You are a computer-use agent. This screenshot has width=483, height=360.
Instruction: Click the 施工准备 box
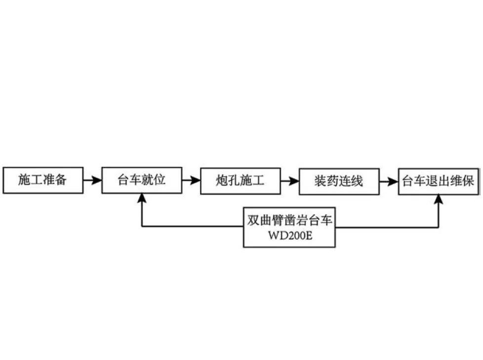coord(43,180)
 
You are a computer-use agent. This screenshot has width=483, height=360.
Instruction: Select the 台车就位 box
coord(142,180)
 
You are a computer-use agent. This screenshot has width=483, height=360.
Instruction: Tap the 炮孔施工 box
coord(241,181)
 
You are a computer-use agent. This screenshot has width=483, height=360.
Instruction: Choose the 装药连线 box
coord(339,181)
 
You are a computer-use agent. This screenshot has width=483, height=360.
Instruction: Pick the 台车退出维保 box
coord(439,181)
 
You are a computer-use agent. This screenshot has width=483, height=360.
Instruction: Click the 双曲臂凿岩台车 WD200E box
coord(289,227)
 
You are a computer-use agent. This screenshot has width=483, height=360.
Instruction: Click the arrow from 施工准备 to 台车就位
coord(92,181)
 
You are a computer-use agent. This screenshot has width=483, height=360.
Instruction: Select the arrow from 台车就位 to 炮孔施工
coord(191,181)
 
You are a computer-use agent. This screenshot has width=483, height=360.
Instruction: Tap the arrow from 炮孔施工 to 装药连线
coord(289,181)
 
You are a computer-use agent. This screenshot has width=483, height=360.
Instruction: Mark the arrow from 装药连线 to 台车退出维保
coord(389,181)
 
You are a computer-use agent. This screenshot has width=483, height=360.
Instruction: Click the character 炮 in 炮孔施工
coord(222,181)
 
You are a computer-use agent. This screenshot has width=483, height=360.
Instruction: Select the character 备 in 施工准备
coord(61,180)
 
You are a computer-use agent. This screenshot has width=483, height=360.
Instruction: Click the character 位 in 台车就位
coord(160,180)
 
